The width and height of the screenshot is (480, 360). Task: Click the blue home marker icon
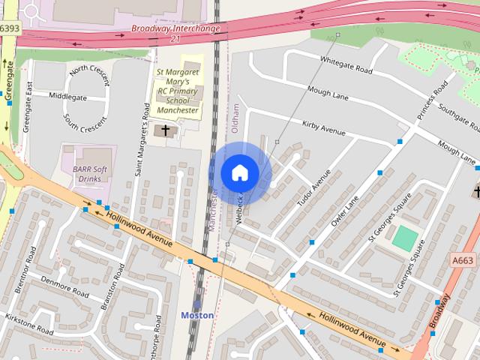[x=240, y=173]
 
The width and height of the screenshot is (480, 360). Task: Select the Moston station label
[x=197, y=316]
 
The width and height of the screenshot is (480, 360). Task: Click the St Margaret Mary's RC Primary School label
[x=178, y=91]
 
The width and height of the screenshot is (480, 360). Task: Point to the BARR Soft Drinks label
[x=91, y=174]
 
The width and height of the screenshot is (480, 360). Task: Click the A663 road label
[x=463, y=259]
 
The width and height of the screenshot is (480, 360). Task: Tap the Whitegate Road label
[x=346, y=65]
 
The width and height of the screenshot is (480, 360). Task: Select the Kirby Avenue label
[x=323, y=127]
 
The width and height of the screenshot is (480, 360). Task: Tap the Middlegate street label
[x=67, y=97]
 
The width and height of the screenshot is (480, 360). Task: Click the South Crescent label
[x=85, y=123]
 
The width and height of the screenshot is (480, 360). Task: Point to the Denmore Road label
[x=66, y=287]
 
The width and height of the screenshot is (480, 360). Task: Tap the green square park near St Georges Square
[x=405, y=238]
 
